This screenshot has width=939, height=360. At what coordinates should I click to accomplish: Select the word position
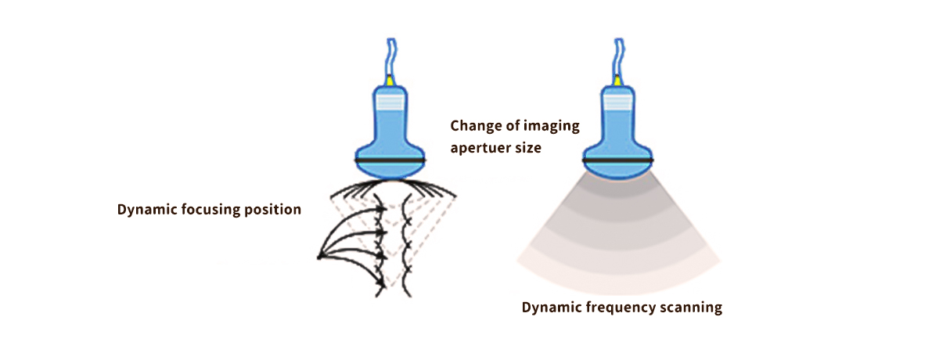[x=274, y=211]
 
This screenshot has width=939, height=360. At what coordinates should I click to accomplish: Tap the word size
[x=528, y=147]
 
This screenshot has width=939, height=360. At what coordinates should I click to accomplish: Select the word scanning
[x=691, y=308]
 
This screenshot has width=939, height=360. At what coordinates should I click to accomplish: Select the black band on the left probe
[x=390, y=160]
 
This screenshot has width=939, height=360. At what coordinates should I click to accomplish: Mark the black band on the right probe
[x=618, y=160]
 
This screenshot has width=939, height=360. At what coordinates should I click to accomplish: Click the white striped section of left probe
[x=390, y=100]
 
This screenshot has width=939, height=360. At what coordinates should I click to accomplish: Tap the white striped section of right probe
[x=618, y=100]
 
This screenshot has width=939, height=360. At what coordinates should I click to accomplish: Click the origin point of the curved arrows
[x=319, y=256]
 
